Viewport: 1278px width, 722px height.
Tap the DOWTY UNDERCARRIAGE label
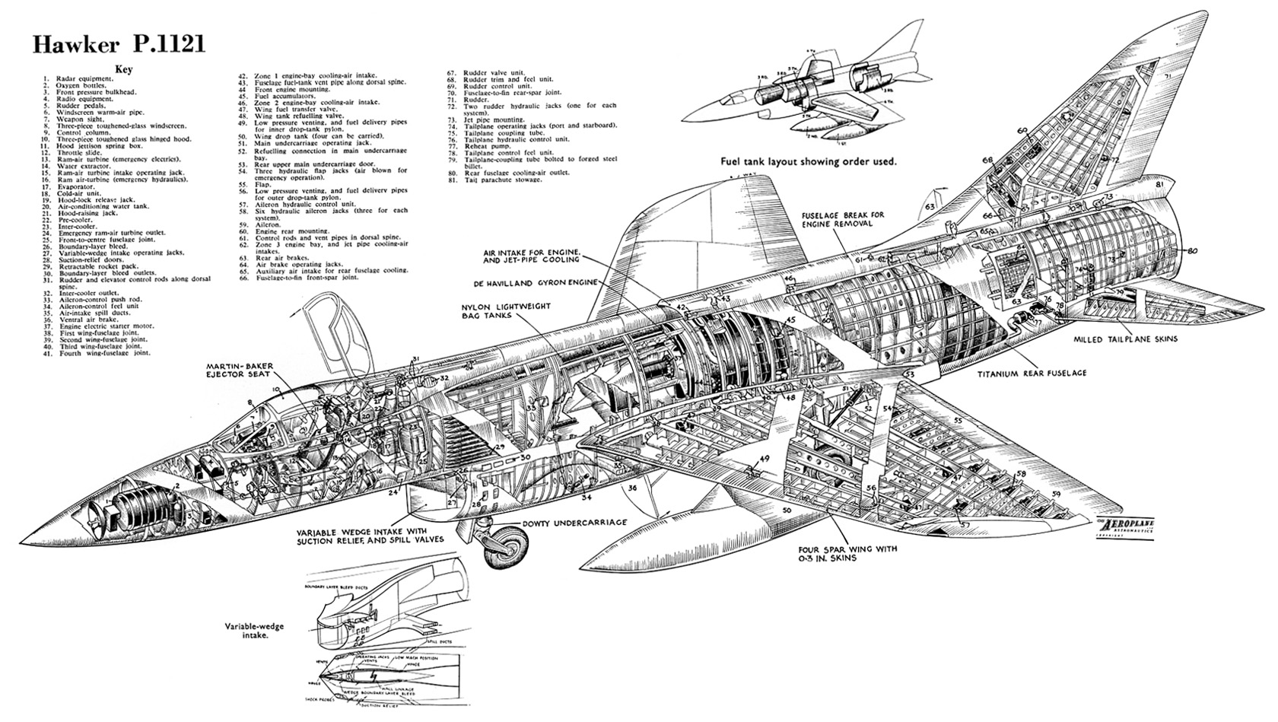[574, 523]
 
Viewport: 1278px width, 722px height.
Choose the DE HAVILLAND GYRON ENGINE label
[537, 281]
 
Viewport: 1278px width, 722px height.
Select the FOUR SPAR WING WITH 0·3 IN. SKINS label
[847, 553]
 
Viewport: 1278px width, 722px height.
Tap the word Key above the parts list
[124, 69]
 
